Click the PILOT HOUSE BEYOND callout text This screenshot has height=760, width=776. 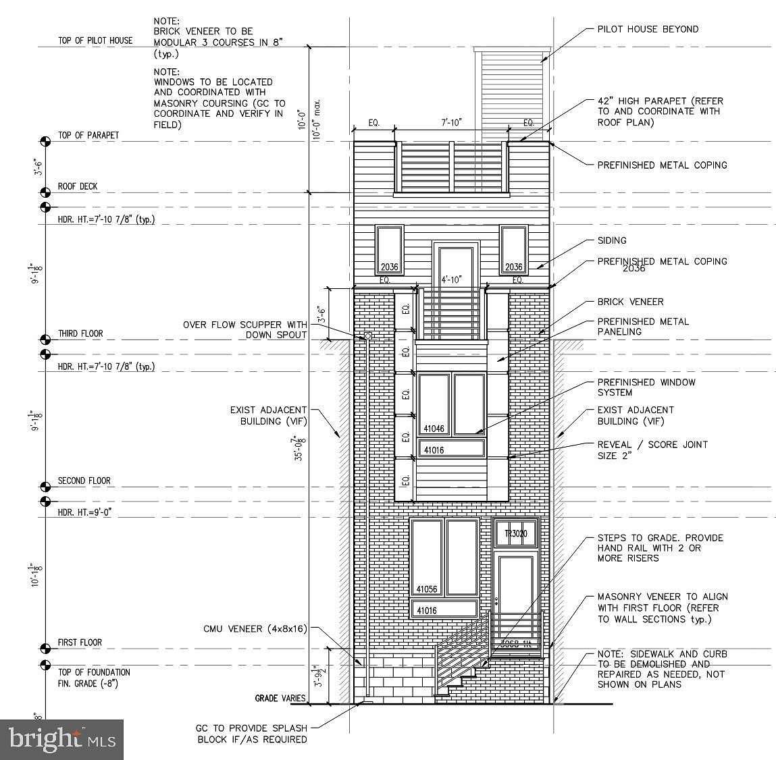[x=648, y=29]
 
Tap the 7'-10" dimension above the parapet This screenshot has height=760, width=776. [x=450, y=122]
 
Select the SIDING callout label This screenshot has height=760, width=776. [x=612, y=240]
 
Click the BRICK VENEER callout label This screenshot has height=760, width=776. [x=630, y=302]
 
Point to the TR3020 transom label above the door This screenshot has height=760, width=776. [x=515, y=535]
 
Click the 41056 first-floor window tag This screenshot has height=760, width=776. [x=427, y=589]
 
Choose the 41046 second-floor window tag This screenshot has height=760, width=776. [x=434, y=429]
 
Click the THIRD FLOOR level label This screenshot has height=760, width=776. [x=80, y=333]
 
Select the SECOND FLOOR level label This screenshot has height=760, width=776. [x=84, y=481]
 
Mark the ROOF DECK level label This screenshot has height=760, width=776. [x=78, y=186]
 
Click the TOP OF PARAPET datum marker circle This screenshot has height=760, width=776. [x=45, y=141]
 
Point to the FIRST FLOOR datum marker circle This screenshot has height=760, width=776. [x=45, y=649]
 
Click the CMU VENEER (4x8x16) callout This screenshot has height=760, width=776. [x=255, y=629]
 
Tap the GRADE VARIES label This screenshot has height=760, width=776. [x=280, y=699]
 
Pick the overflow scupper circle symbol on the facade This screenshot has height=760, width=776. [x=368, y=335]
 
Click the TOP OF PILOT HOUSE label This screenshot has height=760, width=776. [x=95, y=40]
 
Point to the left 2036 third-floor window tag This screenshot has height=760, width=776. [x=389, y=267]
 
